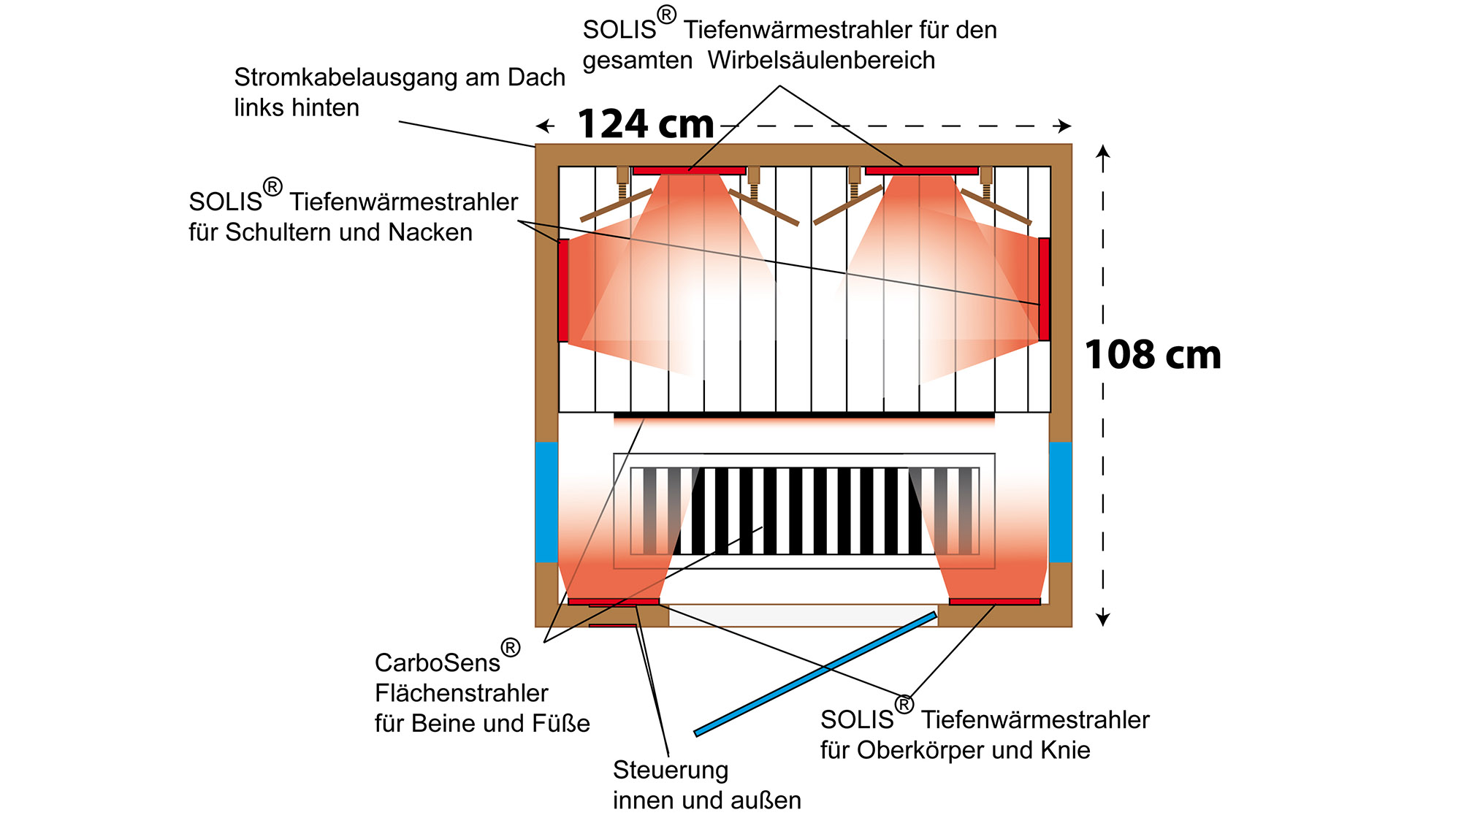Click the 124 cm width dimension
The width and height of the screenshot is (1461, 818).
click(646, 124)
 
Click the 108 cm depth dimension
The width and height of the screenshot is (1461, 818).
click(1153, 356)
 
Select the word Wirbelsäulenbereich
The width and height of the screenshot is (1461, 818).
click(821, 60)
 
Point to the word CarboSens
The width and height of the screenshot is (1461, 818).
click(437, 662)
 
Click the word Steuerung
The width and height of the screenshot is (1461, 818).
click(670, 770)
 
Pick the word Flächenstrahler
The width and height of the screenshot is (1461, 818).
click(461, 693)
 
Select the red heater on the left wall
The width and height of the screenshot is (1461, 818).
click(563, 290)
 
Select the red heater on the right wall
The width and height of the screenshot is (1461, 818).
click(1044, 289)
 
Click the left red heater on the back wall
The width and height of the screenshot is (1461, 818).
click(689, 170)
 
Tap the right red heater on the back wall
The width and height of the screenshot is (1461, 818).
click(921, 170)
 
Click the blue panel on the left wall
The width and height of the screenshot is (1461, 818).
click(546, 502)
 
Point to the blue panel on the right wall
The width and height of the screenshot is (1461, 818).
click(1061, 502)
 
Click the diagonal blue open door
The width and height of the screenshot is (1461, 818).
click(815, 673)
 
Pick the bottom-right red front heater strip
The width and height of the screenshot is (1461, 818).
click(995, 602)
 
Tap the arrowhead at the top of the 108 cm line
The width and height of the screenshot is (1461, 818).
click(1103, 151)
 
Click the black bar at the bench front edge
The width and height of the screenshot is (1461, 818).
click(804, 416)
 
